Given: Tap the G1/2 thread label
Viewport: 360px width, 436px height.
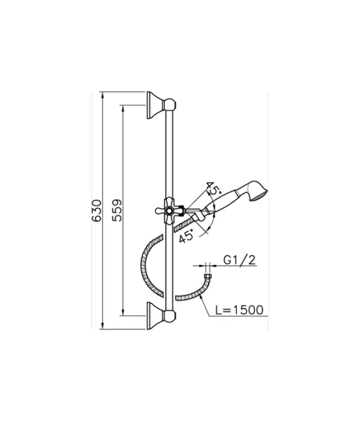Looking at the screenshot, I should tap(240, 261).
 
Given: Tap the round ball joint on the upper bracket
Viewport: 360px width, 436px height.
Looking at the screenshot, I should tap(171, 104).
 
